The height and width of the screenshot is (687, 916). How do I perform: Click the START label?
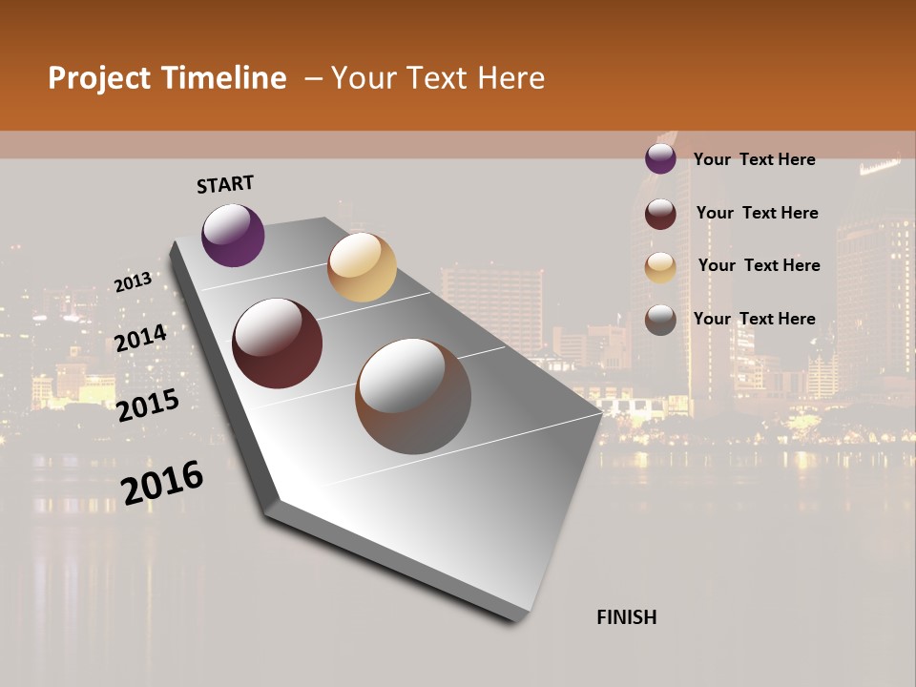coord(225,184)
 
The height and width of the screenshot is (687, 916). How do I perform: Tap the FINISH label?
coord(626,617)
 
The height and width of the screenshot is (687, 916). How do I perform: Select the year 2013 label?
coord(133,282)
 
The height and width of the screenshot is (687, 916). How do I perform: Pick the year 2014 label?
coord(140,339)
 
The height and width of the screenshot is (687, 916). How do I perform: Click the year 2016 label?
coord(162,483)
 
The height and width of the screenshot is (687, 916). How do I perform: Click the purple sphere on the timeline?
coord(233,235)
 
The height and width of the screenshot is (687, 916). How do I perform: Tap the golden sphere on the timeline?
coord(362,267)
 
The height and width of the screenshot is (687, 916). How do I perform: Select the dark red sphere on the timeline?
coord(278,343)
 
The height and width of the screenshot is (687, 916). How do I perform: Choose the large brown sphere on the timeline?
coord(413,396)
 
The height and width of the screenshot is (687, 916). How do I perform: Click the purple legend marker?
coord(660,158)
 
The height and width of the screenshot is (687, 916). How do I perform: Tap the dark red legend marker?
coord(660,213)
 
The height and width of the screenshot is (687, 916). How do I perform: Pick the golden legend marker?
coord(660,266)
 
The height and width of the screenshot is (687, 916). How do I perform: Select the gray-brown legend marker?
coord(660,320)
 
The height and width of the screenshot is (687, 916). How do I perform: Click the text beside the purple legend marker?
coord(754,159)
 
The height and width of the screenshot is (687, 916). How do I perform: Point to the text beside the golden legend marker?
coord(759,265)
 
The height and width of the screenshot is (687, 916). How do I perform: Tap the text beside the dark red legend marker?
coord(757,213)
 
